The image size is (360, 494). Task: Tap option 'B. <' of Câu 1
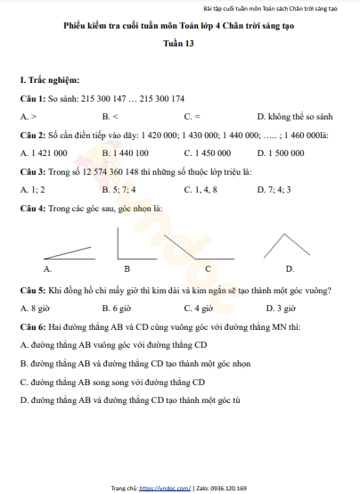110,117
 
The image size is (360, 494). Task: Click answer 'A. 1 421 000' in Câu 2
45,152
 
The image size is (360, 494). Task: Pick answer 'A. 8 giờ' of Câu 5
34,309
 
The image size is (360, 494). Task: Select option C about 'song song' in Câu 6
113,382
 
